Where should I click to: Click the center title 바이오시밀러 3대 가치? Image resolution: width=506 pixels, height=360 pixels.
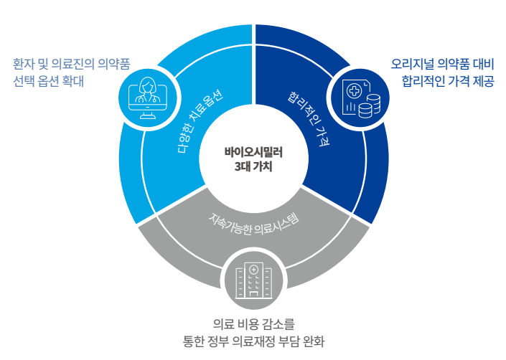253,159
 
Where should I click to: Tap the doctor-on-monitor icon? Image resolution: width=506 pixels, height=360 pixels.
148,98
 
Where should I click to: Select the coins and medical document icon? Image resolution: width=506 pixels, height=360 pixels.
361,99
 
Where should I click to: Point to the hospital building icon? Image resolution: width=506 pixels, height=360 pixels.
253,280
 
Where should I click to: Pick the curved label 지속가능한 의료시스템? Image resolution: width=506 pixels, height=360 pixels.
254,223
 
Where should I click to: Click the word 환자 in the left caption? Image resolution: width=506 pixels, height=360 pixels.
23,64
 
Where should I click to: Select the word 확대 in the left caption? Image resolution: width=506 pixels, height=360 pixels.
72,81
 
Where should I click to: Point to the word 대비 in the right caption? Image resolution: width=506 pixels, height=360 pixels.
484,64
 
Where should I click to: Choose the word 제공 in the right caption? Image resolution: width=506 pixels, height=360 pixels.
484,80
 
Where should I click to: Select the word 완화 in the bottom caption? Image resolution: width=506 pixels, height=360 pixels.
314,341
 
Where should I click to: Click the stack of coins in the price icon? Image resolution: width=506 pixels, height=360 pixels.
370,106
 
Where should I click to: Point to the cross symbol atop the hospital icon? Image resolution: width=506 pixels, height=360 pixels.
253,270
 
